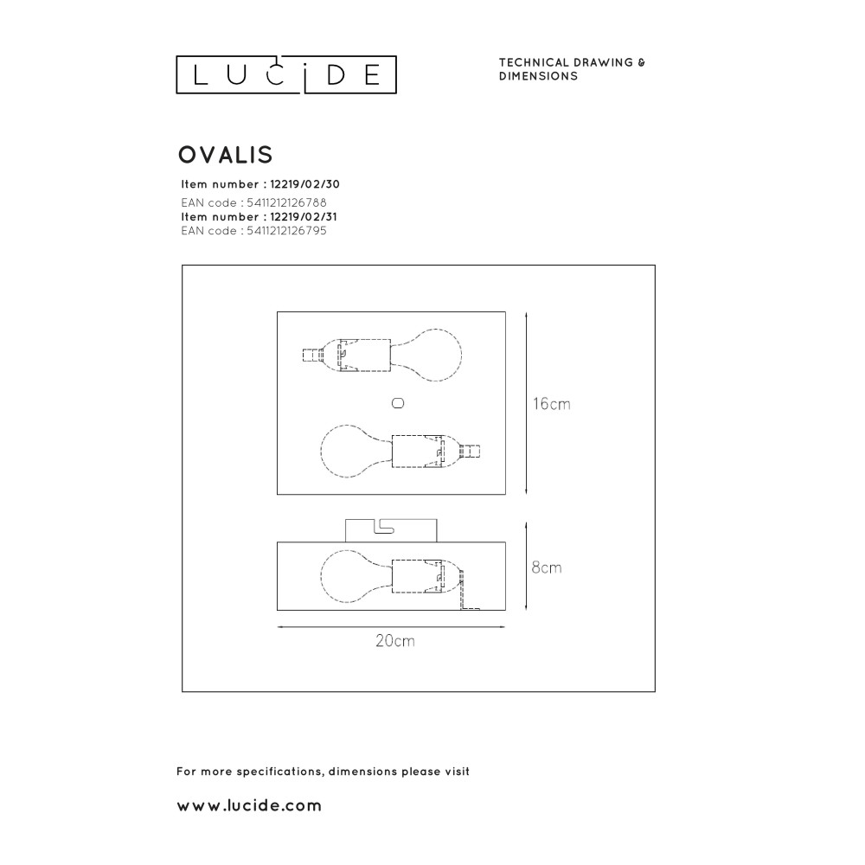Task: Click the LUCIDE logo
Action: click(x=286, y=74)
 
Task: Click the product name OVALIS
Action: click(x=226, y=155)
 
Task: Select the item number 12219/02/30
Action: click(x=305, y=184)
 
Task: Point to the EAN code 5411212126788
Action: click(x=286, y=202)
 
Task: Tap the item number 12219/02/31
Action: click(x=304, y=217)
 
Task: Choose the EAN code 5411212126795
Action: click(x=286, y=231)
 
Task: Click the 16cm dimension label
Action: click(x=551, y=404)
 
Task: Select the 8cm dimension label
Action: click(x=547, y=567)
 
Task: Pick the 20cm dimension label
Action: click(x=395, y=640)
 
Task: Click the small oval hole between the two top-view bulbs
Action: click(x=398, y=403)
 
